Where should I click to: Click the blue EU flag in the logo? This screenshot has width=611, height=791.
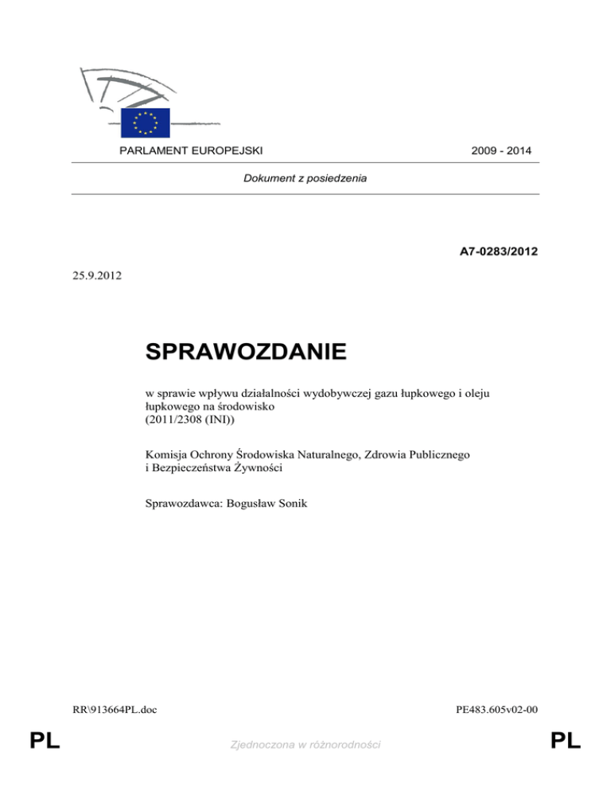point(146,123)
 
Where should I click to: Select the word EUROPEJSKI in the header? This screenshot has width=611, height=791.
point(229,150)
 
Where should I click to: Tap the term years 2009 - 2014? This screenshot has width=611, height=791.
point(500,150)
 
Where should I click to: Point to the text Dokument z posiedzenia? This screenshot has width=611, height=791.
point(305,179)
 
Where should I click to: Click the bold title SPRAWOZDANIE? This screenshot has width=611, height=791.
point(246,351)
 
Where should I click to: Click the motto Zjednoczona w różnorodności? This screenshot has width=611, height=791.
point(305,744)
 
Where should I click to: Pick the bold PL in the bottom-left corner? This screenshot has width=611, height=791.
point(46,742)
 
